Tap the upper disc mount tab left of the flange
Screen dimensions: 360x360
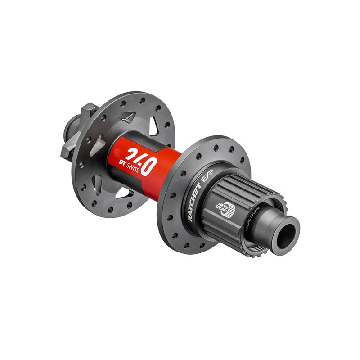coord(89,111)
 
